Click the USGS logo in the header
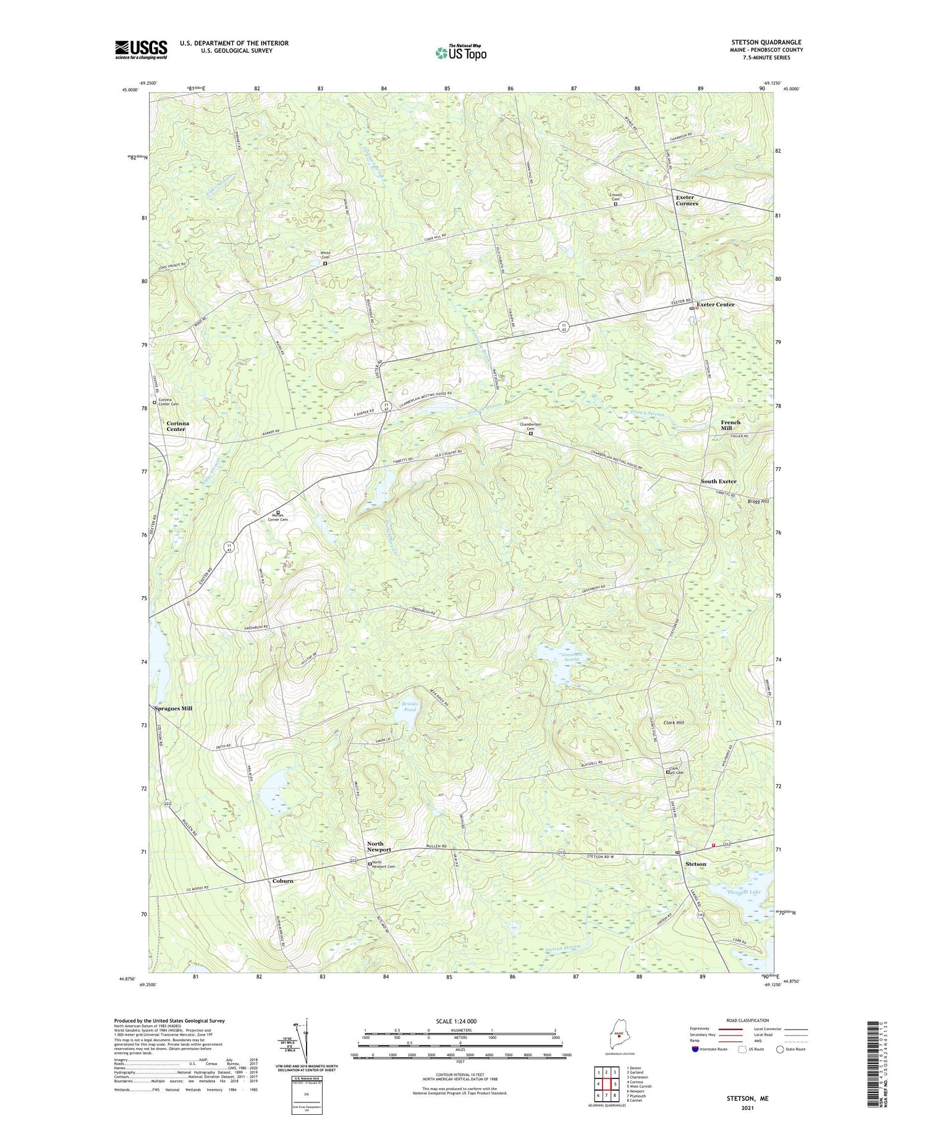(x=141, y=49)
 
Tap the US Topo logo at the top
(x=460, y=53)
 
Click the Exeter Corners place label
(x=687, y=200)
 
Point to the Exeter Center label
(x=716, y=305)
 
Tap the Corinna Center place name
(x=176, y=426)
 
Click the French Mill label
(x=730, y=425)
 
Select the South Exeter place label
(x=718, y=482)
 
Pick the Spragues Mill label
(x=173, y=709)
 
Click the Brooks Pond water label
(x=410, y=707)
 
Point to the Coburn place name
(x=283, y=880)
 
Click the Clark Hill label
(x=674, y=722)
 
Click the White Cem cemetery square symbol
(x=326, y=263)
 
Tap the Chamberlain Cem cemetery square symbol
(x=530, y=433)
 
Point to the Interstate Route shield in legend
(x=695, y=1049)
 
